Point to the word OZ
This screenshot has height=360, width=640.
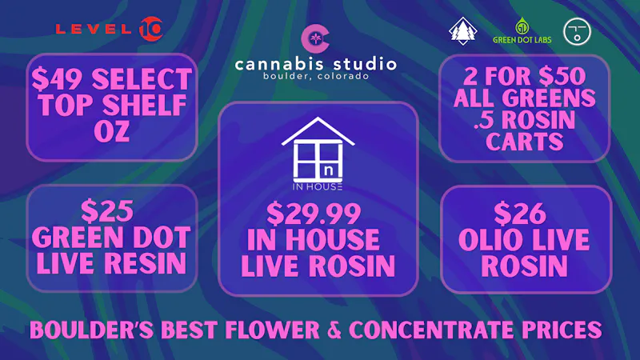click(111, 130)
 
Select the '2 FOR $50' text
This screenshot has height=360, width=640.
click(524, 77)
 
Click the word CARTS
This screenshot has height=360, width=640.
click(524, 142)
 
